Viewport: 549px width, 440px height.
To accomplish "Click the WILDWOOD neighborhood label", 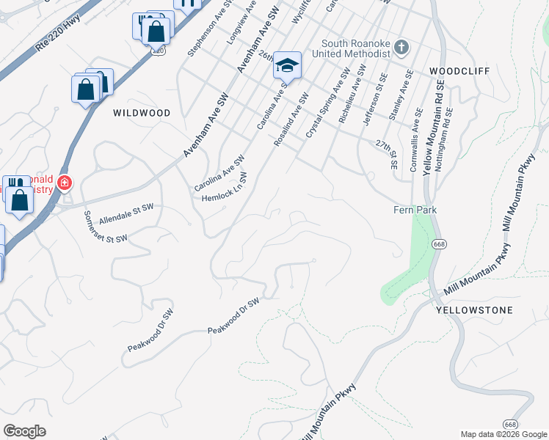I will pyautogui.click(x=142, y=113).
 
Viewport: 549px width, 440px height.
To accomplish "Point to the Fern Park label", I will pyautogui.click(x=416, y=210).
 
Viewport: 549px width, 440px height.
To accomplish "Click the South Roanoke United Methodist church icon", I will pyautogui.click(x=401, y=48).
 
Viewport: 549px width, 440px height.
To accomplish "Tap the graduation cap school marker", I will pyautogui.click(x=287, y=66).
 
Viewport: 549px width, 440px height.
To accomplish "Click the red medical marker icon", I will pyautogui.click(x=65, y=183).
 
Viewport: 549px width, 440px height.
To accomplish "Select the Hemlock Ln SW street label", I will pyautogui.click(x=224, y=188).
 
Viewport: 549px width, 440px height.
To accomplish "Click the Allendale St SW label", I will pyautogui.click(x=126, y=214).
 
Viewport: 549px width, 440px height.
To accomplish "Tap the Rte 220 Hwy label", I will pyautogui.click(x=57, y=36).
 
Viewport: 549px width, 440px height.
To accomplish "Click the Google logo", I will pyautogui.click(x=24, y=431).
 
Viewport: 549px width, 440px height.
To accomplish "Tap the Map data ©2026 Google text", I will pyautogui.click(x=503, y=433).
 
